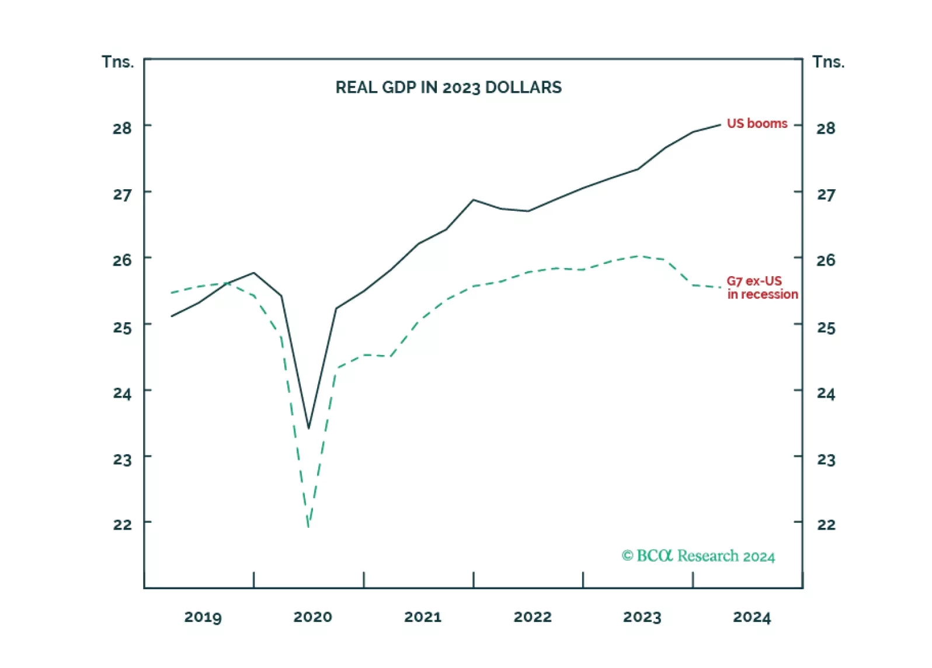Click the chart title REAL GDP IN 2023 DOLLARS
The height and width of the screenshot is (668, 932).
448,88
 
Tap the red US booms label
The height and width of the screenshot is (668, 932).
757,124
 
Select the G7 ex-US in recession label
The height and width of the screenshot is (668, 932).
761,288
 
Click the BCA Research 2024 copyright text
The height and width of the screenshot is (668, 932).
698,556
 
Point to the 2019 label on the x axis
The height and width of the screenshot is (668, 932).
203,617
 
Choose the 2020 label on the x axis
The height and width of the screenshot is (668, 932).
312,617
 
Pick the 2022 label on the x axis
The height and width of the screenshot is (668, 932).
532,617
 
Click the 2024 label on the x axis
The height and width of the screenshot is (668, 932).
752,617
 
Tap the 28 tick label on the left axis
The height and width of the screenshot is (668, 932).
122,128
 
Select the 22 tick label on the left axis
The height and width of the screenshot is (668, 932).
122,524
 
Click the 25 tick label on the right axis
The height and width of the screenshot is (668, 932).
826,328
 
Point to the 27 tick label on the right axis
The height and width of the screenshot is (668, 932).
826,194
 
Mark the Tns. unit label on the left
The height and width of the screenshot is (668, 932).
117,62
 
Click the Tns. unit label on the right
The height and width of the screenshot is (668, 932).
828,62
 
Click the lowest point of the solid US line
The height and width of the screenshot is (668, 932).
309,428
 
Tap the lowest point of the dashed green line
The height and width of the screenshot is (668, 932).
308,526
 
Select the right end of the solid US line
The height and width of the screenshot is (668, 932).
721,124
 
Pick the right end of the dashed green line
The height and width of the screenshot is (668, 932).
721,287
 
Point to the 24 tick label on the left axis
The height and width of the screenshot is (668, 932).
122,394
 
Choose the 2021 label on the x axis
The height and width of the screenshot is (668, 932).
422,617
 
